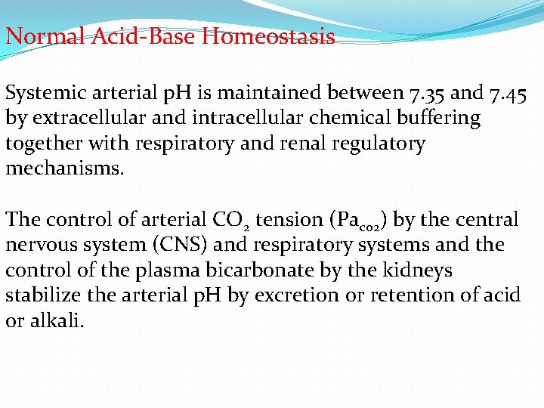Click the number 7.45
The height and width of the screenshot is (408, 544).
[508, 94]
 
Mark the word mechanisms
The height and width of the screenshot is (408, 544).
[63, 168]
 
